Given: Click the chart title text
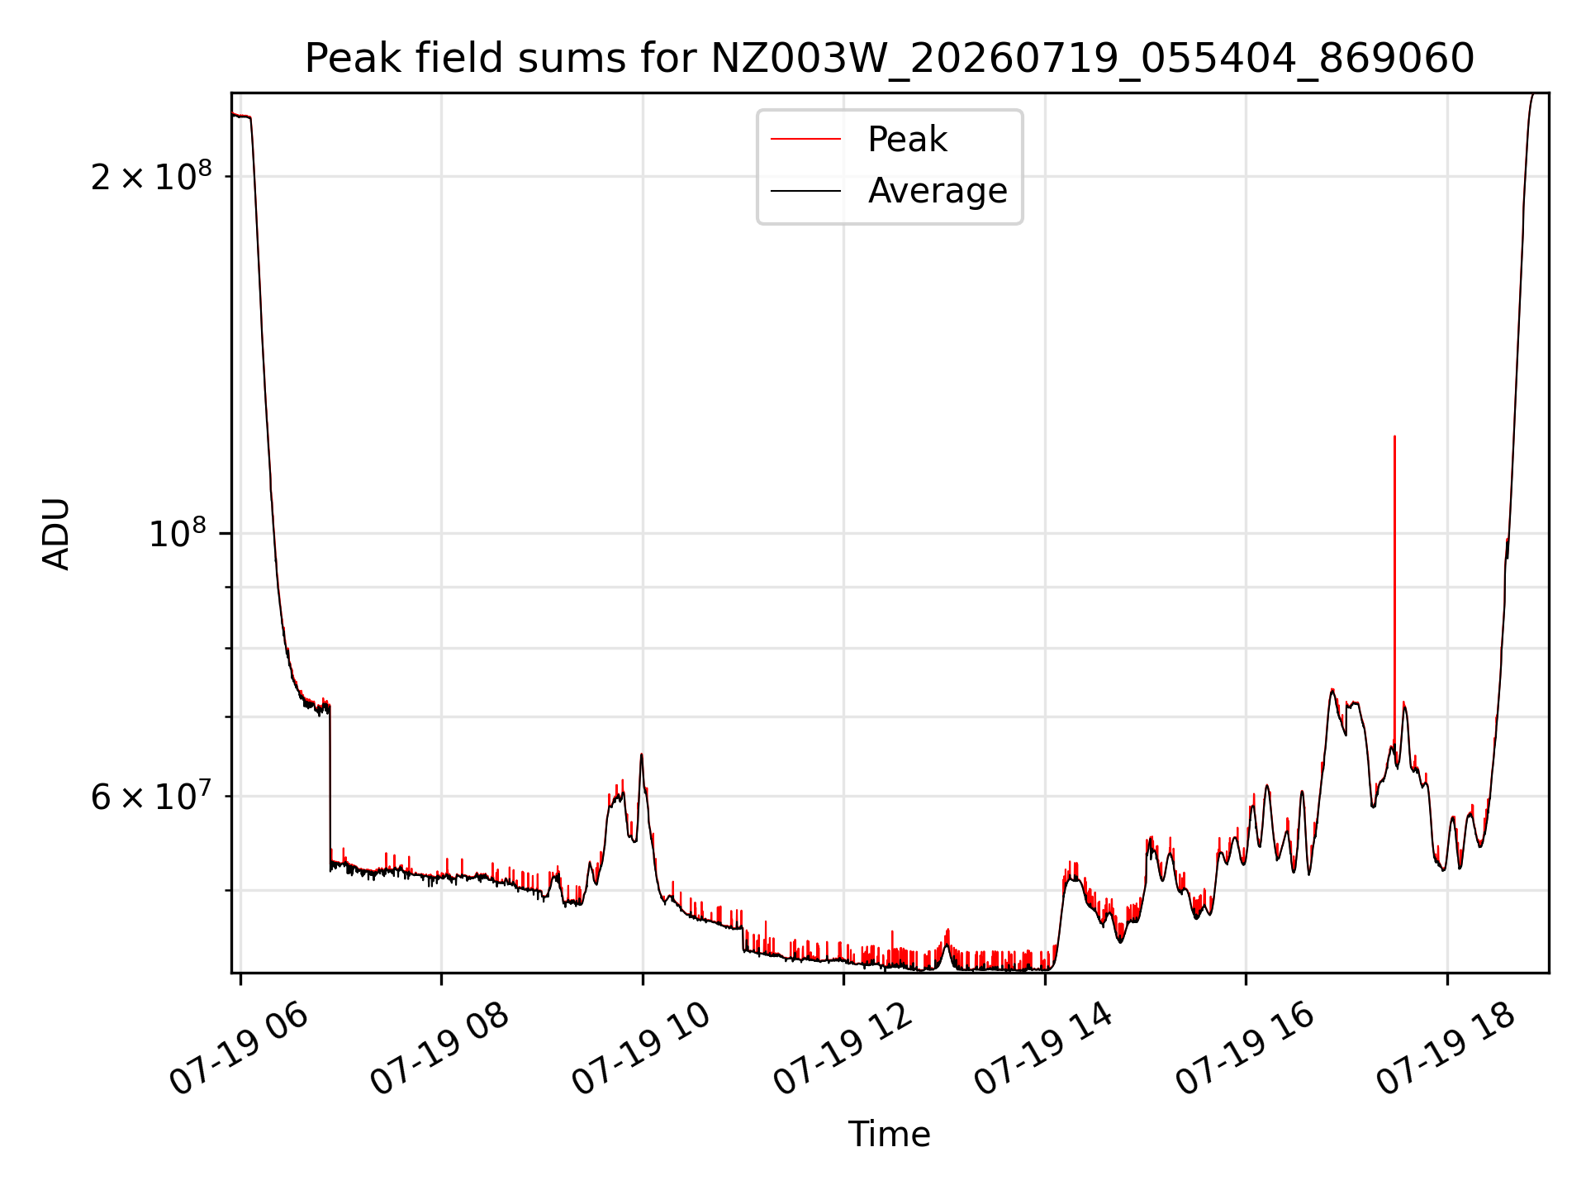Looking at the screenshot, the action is (x=890, y=59).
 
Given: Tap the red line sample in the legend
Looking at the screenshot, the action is (x=805, y=140).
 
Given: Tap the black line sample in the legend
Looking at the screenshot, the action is (x=805, y=191).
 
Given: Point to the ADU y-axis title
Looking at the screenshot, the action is (x=56, y=534).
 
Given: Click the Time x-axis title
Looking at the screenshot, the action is (x=890, y=1135).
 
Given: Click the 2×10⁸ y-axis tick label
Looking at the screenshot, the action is (x=151, y=175).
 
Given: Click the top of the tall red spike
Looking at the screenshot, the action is (x=1394, y=436).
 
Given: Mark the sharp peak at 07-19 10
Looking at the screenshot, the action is (x=641, y=754).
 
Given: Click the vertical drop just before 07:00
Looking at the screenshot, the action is (x=330, y=785).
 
